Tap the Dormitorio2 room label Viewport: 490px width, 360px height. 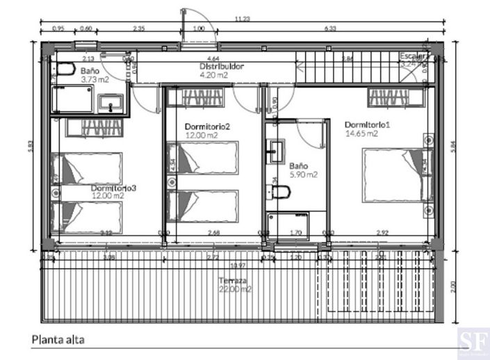pos(207,126)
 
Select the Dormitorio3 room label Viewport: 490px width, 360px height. pos(113,188)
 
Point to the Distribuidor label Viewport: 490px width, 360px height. pos(217,67)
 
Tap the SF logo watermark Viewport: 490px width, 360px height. pos(472,343)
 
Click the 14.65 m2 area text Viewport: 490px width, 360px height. pos(361,134)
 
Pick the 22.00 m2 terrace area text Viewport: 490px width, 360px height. pos(234,289)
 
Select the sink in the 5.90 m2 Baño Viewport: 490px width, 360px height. pos(276,152)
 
